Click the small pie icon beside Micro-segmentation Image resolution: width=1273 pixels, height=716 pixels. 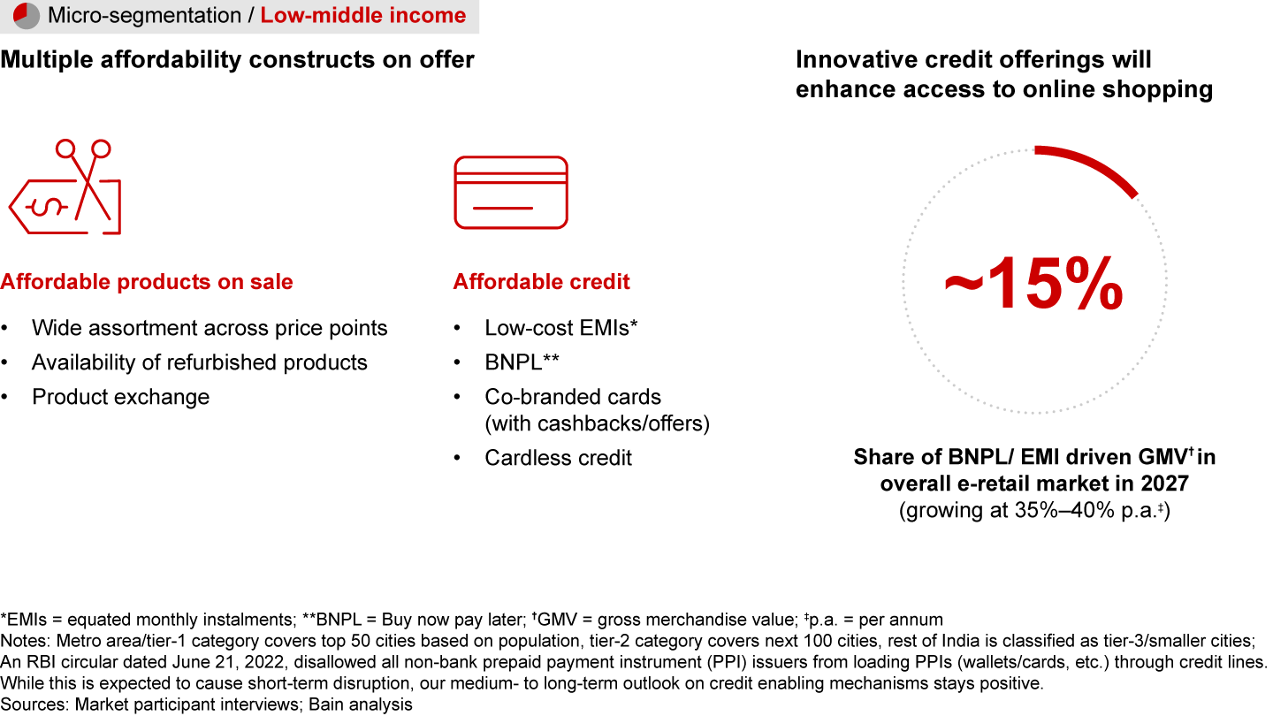point(27,15)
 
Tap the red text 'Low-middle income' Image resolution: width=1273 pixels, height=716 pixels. point(363,15)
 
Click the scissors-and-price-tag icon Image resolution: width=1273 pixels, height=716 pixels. point(65,187)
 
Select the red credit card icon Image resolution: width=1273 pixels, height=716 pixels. point(511,193)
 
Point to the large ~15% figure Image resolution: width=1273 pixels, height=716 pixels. point(1033,283)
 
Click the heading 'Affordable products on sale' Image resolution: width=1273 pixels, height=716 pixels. point(147,282)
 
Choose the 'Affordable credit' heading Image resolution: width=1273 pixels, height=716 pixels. point(541,282)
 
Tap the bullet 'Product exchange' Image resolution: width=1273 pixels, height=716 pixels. point(120,397)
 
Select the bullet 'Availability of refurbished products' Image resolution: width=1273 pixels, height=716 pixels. point(200,362)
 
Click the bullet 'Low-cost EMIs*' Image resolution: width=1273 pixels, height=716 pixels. point(560,328)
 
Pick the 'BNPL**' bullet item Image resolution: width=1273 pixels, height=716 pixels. point(522,362)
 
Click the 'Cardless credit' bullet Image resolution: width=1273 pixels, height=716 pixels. point(558,458)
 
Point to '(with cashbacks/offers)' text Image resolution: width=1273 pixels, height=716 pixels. point(598,424)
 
